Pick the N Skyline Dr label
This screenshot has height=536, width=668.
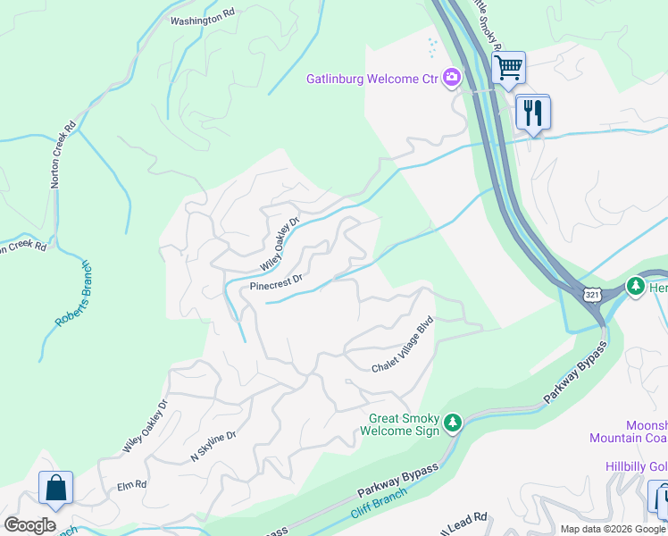pyautogui.click(x=213, y=447)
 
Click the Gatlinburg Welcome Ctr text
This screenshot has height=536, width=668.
pyautogui.click(x=372, y=79)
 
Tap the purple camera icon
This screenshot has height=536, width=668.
pyautogui.click(x=452, y=79)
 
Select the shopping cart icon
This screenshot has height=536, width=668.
pyautogui.click(x=508, y=67)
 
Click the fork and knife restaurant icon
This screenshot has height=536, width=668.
pyautogui.click(x=533, y=113)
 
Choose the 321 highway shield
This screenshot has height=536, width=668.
pyautogui.click(x=592, y=294)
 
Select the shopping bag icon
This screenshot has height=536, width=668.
pyautogui.click(x=55, y=489)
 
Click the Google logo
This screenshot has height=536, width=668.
pyautogui.click(x=29, y=524)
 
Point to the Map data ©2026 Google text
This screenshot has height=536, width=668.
pyautogui.click(x=614, y=529)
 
